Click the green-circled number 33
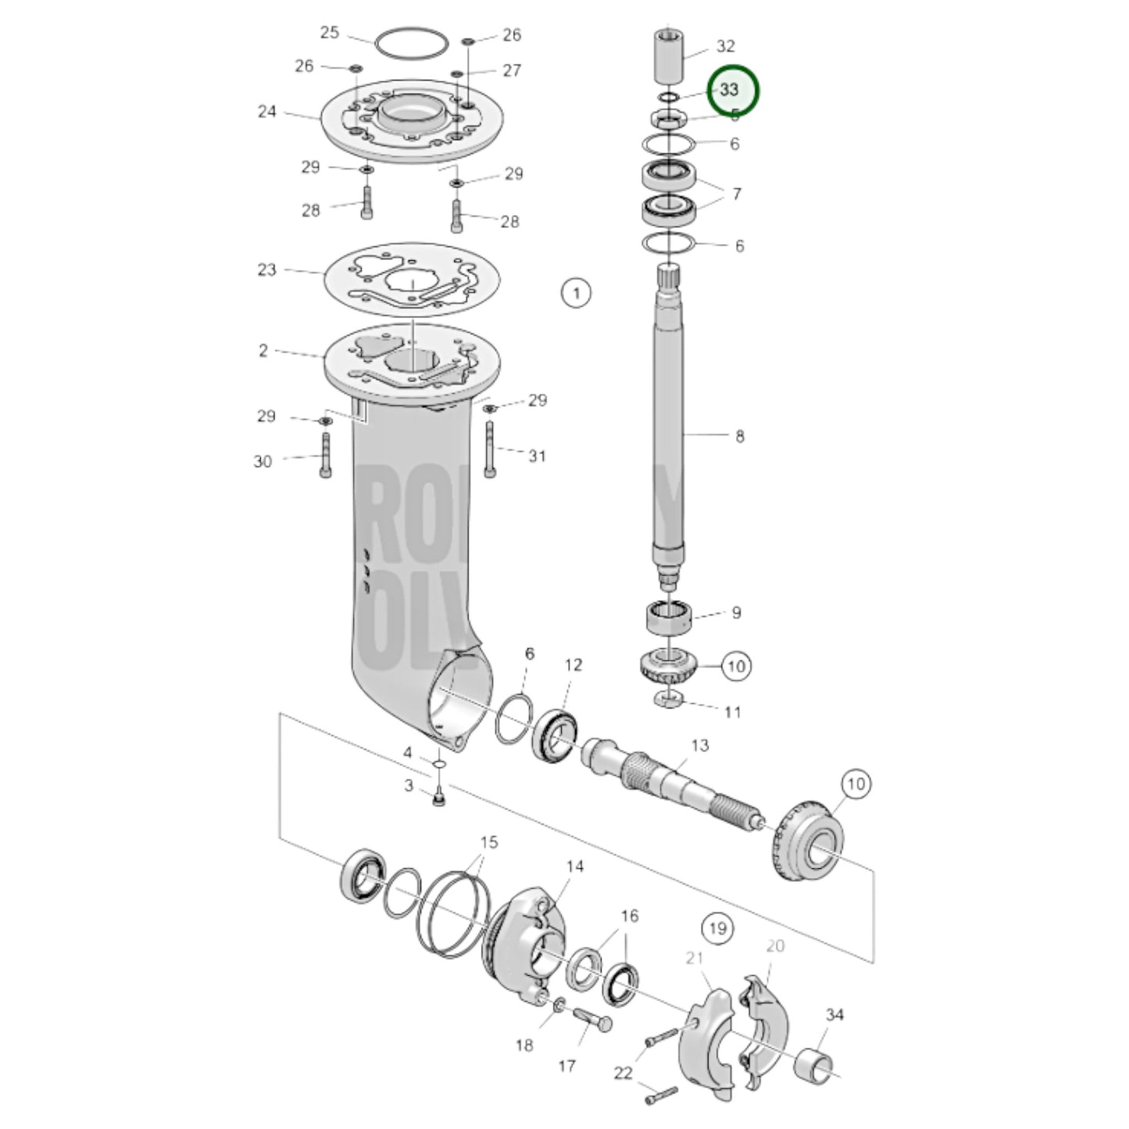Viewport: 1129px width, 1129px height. point(732,90)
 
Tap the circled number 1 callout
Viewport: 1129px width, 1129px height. point(576,294)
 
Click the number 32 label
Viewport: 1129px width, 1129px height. point(725,46)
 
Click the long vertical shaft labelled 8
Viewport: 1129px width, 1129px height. point(669,422)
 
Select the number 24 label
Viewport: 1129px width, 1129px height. point(267,112)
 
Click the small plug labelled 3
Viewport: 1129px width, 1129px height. point(438,799)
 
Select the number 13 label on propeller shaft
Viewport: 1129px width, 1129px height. point(700,745)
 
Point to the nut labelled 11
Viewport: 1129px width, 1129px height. point(669,698)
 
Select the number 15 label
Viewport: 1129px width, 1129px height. point(488,843)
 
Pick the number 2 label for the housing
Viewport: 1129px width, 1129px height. point(263,351)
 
